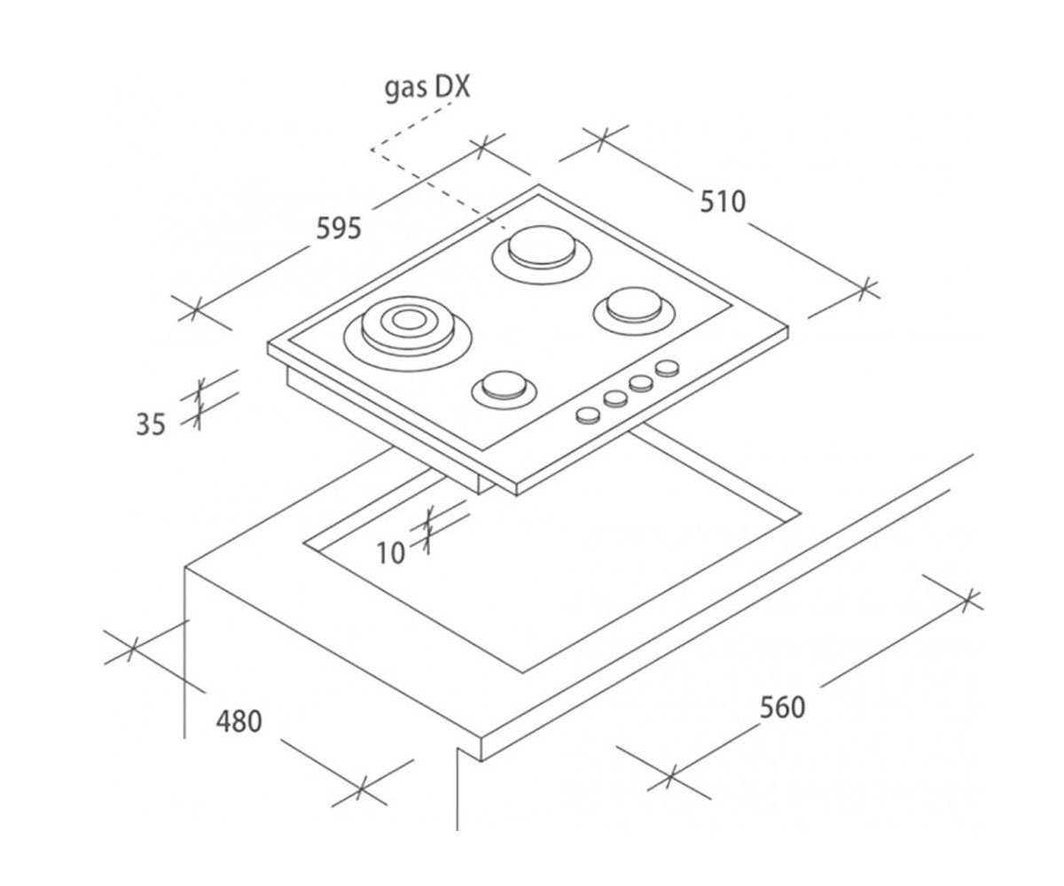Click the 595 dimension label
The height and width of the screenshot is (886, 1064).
339,228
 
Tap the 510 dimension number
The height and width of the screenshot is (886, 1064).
723,202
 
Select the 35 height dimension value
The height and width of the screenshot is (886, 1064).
151,424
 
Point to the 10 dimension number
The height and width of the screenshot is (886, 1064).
391,553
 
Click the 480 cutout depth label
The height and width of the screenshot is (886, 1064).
239,721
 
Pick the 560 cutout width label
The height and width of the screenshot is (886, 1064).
783,708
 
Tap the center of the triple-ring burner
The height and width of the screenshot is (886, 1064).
408,321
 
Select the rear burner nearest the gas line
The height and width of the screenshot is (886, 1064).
541,254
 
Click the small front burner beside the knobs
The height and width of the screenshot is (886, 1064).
504,391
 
